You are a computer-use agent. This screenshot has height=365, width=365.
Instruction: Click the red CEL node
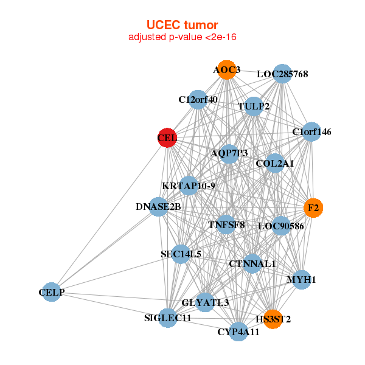167,138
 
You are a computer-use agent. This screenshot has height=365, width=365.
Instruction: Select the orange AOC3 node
227,70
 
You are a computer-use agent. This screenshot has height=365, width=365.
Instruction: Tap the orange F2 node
313,208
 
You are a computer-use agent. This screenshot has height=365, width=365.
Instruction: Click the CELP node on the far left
52,292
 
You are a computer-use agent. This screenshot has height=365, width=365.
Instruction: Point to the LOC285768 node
282,74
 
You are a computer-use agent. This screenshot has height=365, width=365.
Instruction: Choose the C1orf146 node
311,132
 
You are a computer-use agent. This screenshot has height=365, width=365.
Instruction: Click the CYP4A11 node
239,332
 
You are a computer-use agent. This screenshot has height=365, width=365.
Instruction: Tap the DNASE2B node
158,207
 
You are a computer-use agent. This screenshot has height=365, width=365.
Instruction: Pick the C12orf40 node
198,99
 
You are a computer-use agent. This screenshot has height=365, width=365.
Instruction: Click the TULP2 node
254,106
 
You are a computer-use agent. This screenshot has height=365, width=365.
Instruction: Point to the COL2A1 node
275,163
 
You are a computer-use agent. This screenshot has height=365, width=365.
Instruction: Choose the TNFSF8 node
226,224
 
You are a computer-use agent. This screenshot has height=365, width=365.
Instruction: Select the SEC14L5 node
181,254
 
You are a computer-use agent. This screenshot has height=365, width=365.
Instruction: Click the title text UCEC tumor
182,25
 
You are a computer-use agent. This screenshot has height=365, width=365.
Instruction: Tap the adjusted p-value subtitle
182,37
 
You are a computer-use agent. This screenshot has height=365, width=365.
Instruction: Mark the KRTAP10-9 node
189,186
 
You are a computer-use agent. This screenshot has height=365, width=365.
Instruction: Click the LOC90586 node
280,226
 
